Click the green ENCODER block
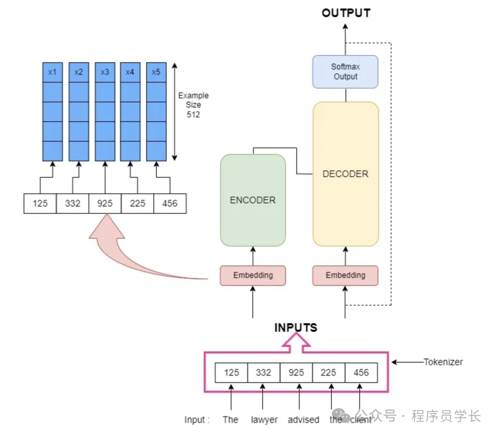click(x=253, y=200)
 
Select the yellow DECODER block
click(x=346, y=174)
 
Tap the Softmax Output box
click(x=346, y=72)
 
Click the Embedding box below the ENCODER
click(x=253, y=275)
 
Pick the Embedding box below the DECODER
click(x=346, y=275)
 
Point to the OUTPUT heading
click(x=346, y=13)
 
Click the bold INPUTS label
click(x=296, y=328)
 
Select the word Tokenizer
click(x=443, y=362)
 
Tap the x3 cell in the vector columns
click(x=105, y=72)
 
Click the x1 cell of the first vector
click(x=52, y=72)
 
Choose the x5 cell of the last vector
click(x=156, y=72)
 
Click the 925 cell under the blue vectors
click(x=105, y=203)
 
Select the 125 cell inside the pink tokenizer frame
click(x=231, y=372)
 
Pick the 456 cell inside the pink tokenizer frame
click(x=361, y=372)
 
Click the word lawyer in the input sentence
click(x=264, y=419)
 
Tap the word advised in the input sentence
click(x=303, y=419)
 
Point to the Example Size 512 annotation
click(x=193, y=105)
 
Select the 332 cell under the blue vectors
click(x=73, y=203)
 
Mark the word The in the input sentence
click(x=230, y=419)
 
